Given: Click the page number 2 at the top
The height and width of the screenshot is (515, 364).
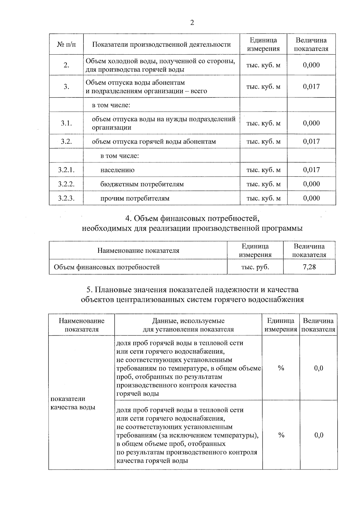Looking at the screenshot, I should [x=192, y=23].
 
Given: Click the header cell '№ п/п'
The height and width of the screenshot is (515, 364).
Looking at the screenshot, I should [x=66, y=45].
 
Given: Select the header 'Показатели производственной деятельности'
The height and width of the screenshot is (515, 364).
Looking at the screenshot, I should [x=161, y=45].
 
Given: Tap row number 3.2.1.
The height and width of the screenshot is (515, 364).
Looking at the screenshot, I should [x=66, y=170].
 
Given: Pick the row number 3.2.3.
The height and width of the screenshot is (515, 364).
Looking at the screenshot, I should [x=66, y=198].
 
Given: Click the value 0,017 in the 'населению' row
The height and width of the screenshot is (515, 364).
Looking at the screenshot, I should [x=311, y=170].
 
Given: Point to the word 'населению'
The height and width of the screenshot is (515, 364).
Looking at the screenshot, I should [x=117, y=170].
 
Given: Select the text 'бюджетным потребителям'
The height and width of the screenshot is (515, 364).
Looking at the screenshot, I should [x=142, y=184].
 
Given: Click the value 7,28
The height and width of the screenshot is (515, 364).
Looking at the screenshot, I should [x=309, y=267].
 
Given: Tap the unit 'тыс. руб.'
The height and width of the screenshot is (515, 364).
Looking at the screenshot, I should [x=255, y=267].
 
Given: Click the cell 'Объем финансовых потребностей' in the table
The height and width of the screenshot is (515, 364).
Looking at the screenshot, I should [x=107, y=267].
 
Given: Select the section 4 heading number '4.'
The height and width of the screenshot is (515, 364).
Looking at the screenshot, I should [x=128, y=219].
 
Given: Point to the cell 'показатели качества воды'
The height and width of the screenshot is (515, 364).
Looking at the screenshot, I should [x=73, y=403].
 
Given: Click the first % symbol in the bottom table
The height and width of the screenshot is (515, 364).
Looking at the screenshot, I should [x=281, y=368].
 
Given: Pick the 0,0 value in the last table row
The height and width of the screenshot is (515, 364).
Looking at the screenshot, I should [x=318, y=435].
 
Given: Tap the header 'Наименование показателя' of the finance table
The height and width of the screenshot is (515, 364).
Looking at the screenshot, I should [x=138, y=251].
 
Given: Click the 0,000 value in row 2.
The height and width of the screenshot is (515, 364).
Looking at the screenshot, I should [x=311, y=65].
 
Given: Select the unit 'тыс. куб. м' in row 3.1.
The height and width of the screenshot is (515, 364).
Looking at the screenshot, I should [x=263, y=123].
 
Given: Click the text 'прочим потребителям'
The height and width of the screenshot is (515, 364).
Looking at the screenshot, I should [x=135, y=198].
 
